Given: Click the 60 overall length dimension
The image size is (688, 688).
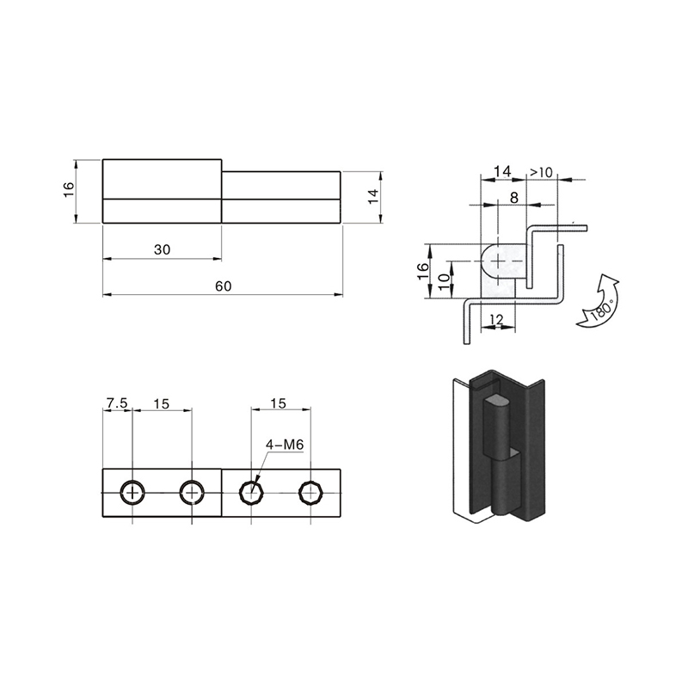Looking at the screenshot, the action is pyautogui.click(x=223, y=286).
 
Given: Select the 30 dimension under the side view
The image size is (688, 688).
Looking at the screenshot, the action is pyautogui.click(x=162, y=249).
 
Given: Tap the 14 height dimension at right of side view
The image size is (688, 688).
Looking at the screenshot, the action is pyautogui.click(x=373, y=196).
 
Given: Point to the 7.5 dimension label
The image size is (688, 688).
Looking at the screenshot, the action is pyautogui.click(x=117, y=402).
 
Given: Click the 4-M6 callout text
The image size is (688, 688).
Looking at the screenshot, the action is pyautogui.click(x=285, y=445).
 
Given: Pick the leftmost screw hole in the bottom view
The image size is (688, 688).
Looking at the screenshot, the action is pyautogui.click(x=132, y=493).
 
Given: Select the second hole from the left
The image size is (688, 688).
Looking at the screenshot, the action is pyautogui.click(x=192, y=493).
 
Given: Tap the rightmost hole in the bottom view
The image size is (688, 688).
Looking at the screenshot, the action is pyautogui.click(x=310, y=493).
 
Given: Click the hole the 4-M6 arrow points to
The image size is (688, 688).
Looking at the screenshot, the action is pyautogui.click(x=251, y=493).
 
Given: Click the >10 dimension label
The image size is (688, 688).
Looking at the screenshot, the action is pyautogui.click(x=542, y=173).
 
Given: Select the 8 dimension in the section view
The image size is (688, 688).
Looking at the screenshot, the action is pyautogui.click(x=513, y=198).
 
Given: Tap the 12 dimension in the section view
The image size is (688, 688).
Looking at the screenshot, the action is pyautogui.click(x=496, y=319).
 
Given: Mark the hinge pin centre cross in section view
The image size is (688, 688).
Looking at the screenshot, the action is pyautogui.click(x=498, y=261).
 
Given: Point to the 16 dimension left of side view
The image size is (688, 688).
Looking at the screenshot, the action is pyautogui.click(x=69, y=189).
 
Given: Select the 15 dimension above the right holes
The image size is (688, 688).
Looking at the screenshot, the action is pyautogui.click(x=279, y=403).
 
